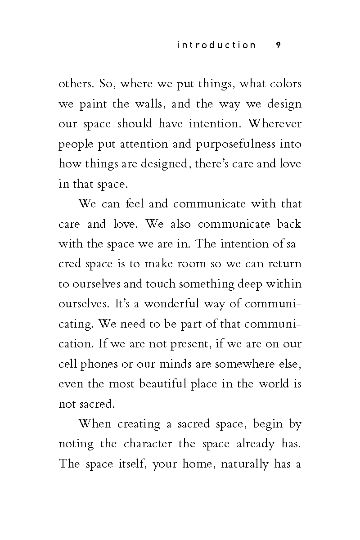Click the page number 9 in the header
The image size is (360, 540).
(278, 45)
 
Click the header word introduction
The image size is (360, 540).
(216, 45)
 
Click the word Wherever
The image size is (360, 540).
(275, 124)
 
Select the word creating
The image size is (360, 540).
(139, 424)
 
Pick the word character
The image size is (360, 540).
(148, 444)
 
